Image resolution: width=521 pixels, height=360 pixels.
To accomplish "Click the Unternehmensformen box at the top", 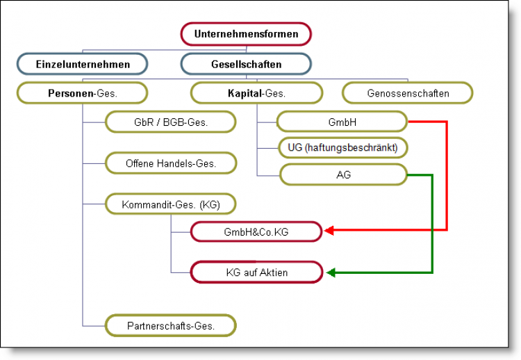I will [x=246, y=33].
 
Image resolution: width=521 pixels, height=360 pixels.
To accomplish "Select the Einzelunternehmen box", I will [x=83, y=64].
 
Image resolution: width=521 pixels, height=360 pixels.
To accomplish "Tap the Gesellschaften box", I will [x=246, y=64].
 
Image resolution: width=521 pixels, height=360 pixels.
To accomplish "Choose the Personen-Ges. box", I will [x=83, y=92].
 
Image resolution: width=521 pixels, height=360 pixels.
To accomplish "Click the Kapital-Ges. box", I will [x=256, y=92].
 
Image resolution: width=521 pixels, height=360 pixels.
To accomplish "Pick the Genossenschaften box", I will [x=407, y=92].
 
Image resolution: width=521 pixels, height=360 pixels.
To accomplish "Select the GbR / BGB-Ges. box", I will [x=171, y=122].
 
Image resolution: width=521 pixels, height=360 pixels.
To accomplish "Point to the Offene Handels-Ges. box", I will [x=171, y=163].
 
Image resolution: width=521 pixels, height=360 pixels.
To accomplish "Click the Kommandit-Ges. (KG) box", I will [x=171, y=204].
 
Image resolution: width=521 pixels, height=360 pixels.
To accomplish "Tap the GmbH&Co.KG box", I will [x=256, y=231].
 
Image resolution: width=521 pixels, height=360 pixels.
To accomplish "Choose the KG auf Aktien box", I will [x=256, y=272].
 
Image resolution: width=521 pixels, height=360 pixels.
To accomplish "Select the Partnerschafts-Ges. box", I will [x=171, y=325].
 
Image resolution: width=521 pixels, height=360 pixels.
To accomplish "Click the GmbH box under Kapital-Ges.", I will [x=342, y=122].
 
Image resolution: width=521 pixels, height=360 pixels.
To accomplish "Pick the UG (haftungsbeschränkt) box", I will [x=342, y=148].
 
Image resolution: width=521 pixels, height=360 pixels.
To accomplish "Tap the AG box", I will [x=342, y=174].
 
